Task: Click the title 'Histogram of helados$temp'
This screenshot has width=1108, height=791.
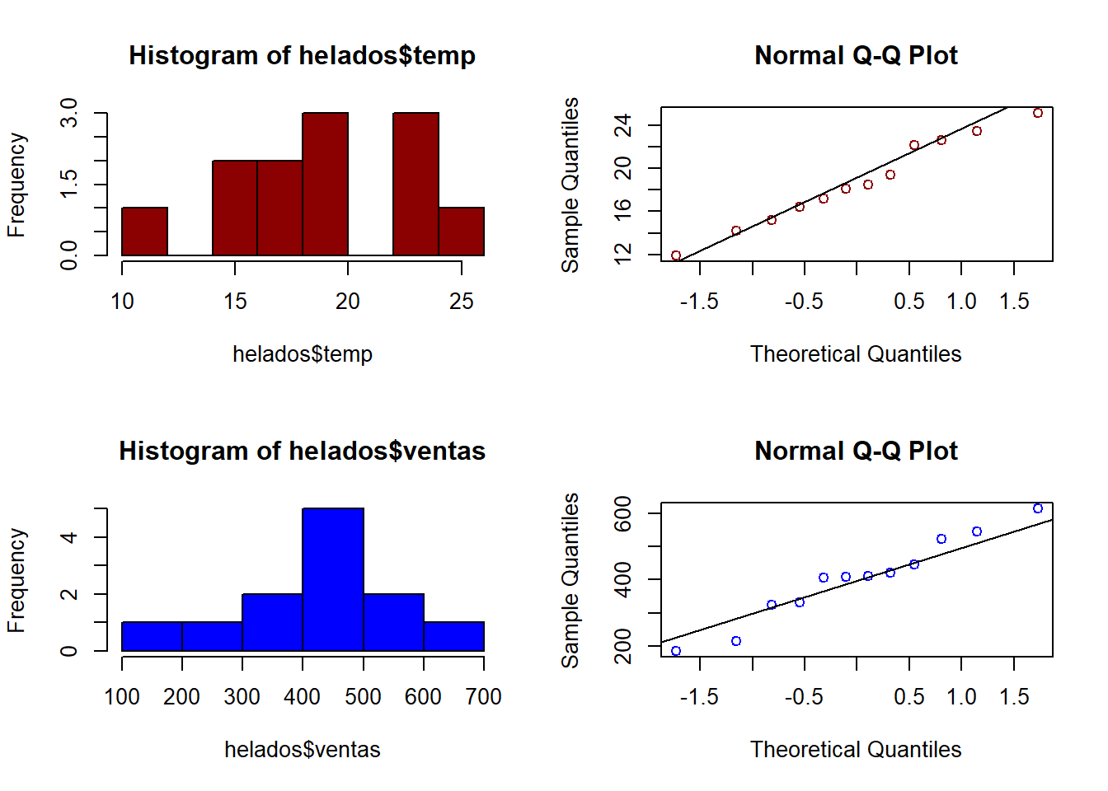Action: pyautogui.click(x=302, y=55)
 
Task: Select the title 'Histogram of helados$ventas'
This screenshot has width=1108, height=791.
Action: pyautogui.click(x=302, y=451)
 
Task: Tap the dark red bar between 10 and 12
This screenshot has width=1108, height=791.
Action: pyautogui.click(x=145, y=232)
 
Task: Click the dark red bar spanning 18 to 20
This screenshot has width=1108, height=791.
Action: pyautogui.click(x=325, y=185)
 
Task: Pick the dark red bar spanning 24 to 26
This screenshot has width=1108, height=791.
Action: pyautogui.click(x=462, y=232)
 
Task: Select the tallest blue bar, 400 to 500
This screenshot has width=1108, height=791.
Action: pyautogui.click(x=333, y=580)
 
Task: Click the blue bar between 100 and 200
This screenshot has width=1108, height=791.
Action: pyautogui.click(x=152, y=636)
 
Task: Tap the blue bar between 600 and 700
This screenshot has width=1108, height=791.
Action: pyautogui.click(x=454, y=636)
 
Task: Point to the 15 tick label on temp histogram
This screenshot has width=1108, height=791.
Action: pyautogui.click(x=235, y=302)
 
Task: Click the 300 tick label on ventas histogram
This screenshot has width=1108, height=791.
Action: pyautogui.click(x=242, y=697)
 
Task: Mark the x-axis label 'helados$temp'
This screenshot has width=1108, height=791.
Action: pyautogui.click(x=303, y=354)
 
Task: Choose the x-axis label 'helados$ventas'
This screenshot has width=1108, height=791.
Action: pyautogui.click(x=303, y=750)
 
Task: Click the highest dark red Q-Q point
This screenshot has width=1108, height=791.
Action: pyautogui.click(x=1038, y=113)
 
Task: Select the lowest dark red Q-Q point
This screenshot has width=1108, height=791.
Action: pyautogui.click(x=676, y=256)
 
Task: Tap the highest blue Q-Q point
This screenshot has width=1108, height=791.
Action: pyautogui.click(x=1038, y=508)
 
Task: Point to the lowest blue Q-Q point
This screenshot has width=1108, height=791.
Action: pyautogui.click(x=676, y=651)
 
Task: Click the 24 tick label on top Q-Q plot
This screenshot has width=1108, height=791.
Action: pyautogui.click(x=623, y=125)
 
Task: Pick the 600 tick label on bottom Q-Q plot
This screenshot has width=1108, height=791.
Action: pyautogui.click(x=623, y=513)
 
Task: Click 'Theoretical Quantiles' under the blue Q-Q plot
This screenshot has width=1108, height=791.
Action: pyautogui.click(x=856, y=750)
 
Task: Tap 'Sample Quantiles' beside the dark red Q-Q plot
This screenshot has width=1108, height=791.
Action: pyautogui.click(x=570, y=185)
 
